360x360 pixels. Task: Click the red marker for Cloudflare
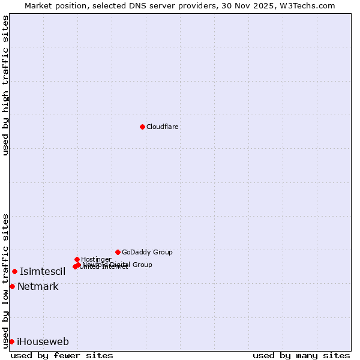(142, 127)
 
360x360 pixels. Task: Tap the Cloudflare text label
(163, 127)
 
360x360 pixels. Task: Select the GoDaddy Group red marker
(118, 252)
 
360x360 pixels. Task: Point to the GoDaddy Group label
(147, 252)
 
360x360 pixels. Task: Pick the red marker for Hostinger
(77, 259)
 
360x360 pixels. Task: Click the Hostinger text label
(96, 259)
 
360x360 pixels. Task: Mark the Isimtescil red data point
(14, 272)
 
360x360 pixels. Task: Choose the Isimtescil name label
(43, 272)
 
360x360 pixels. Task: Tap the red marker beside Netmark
(12, 286)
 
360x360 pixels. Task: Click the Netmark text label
(38, 287)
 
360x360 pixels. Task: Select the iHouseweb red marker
(11, 341)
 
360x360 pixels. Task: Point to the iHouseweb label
(43, 342)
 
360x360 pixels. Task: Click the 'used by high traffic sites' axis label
(6, 85)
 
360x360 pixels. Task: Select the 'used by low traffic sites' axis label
(6, 280)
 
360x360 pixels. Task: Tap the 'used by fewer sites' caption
(62, 355)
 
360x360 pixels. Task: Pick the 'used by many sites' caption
(301, 355)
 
